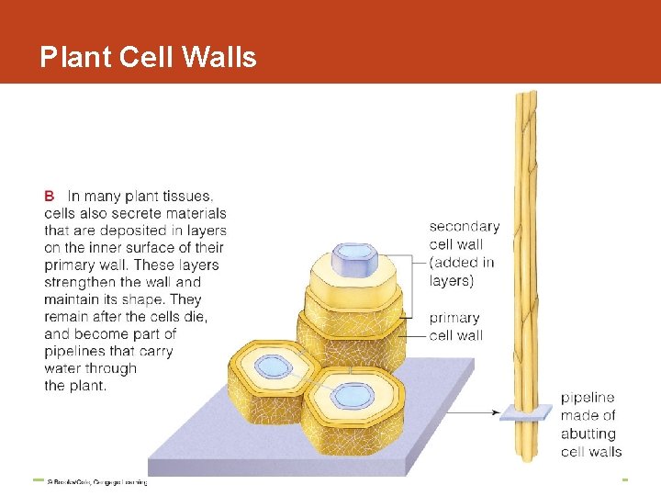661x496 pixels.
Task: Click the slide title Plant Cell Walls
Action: (148, 58)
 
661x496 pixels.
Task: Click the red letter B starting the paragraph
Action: (50, 196)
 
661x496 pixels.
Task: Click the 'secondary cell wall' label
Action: (465, 235)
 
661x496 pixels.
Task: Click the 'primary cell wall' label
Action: (455, 326)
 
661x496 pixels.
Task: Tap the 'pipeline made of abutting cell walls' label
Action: (590, 424)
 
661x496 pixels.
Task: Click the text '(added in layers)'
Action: (462, 271)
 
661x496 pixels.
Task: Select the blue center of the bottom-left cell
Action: (273, 366)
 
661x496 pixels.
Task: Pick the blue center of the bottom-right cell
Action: (350, 396)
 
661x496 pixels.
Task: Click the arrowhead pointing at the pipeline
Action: (498, 412)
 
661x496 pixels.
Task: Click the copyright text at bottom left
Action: (96, 481)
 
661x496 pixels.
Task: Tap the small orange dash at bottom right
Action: (623, 479)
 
